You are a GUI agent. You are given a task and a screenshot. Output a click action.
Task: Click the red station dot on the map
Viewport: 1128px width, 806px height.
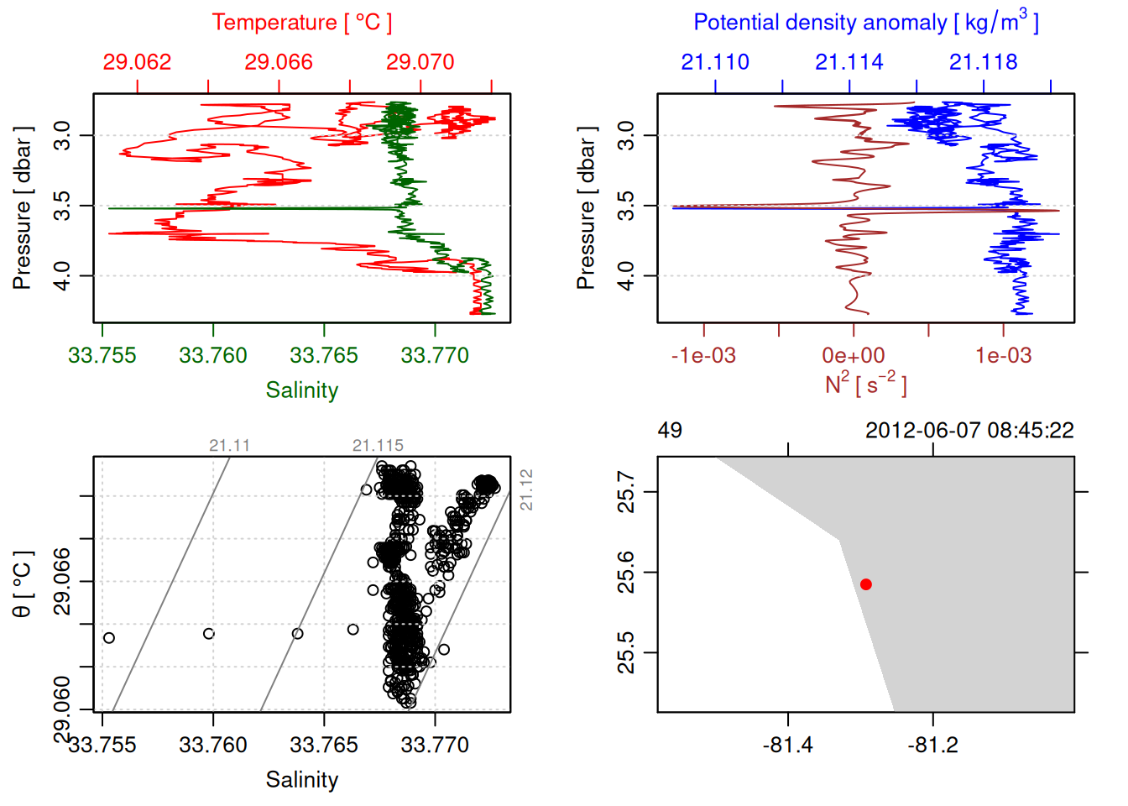point(865,584)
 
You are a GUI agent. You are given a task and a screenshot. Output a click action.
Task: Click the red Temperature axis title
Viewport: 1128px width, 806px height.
point(301,23)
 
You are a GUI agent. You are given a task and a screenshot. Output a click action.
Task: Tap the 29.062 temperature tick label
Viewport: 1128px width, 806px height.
point(137,62)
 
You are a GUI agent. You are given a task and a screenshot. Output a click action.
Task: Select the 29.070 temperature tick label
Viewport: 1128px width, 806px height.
point(420,62)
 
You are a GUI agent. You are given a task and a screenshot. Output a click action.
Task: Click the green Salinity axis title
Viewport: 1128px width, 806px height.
point(301,390)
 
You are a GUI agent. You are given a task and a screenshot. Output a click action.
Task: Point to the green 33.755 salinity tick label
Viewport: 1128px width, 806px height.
point(102,355)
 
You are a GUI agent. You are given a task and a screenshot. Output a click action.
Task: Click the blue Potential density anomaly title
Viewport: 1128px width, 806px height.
point(865,23)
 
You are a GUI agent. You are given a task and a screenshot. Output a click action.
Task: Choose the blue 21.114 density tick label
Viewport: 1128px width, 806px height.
point(849,62)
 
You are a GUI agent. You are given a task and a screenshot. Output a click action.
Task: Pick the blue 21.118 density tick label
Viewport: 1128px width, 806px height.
point(983,62)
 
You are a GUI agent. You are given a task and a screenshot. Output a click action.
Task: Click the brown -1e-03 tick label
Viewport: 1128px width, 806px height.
point(703,355)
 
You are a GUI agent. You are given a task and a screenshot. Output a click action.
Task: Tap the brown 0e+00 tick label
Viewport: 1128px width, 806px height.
point(853,355)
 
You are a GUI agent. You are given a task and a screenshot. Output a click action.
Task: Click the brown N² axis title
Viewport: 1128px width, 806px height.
point(865,384)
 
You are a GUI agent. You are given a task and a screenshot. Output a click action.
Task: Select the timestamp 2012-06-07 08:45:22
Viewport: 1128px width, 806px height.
point(969,431)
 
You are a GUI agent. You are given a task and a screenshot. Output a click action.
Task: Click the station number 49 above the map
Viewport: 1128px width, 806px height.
point(670,431)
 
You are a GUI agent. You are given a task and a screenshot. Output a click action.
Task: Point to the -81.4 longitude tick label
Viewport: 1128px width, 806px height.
point(787,745)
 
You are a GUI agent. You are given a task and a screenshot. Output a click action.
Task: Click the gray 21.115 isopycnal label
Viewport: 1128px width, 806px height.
point(378,446)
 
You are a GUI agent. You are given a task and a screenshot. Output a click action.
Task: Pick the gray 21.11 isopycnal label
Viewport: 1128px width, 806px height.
point(229,446)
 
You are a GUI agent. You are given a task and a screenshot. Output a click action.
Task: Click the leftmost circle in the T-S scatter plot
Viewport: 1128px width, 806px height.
point(109,638)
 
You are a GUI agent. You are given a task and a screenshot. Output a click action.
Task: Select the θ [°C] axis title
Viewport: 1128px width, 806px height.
point(23,584)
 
